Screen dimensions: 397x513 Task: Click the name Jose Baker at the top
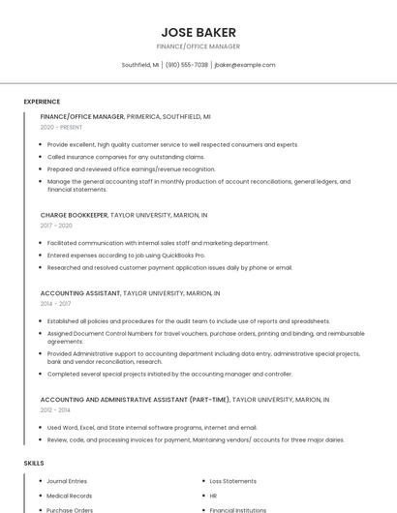pyautogui.click(x=198, y=32)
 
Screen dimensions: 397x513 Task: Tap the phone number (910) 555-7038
pyautogui.click(x=187, y=65)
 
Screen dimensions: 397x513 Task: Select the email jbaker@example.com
pyautogui.click(x=245, y=65)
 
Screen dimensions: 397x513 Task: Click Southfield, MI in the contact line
pyautogui.click(x=140, y=65)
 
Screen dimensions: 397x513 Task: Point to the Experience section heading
pyautogui.click(x=42, y=102)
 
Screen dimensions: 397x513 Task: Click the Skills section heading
pyautogui.click(x=34, y=464)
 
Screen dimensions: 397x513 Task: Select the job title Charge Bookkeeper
pyautogui.click(x=74, y=215)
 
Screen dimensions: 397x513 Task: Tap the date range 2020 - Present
pyautogui.click(x=61, y=128)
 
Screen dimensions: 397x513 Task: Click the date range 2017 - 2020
pyautogui.click(x=56, y=226)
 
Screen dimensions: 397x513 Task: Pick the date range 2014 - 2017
pyautogui.click(x=55, y=303)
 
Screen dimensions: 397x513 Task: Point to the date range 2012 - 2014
pyautogui.click(x=55, y=409)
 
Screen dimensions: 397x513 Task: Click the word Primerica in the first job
pyautogui.click(x=146, y=116)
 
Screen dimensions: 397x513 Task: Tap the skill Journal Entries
pyautogui.click(x=67, y=481)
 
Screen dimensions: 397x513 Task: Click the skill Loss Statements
pyautogui.click(x=233, y=481)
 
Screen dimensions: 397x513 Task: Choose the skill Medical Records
pyautogui.click(x=70, y=496)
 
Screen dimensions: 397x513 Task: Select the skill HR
pyautogui.click(x=214, y=496)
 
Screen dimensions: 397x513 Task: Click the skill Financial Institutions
pyautogui.click(x=238, y=509)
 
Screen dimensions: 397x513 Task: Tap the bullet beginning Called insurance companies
pyautogui.click(x=126, y=157)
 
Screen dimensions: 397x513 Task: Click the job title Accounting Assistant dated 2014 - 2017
pyautogui.click(x=79, y=292)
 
